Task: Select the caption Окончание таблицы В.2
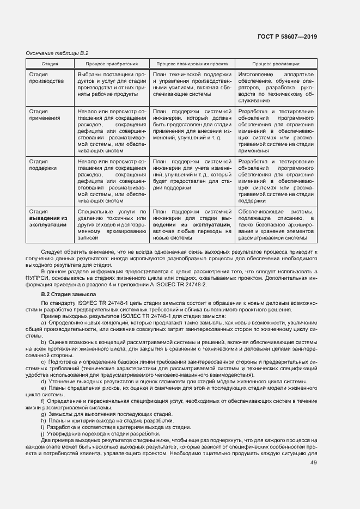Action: coord(57,53)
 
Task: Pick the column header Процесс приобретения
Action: coord(112,64)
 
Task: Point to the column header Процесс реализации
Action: coord(276,64)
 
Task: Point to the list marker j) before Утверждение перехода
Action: coord(42,433)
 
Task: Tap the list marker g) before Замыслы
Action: coord(43,414)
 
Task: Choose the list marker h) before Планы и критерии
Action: coord(43,421)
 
